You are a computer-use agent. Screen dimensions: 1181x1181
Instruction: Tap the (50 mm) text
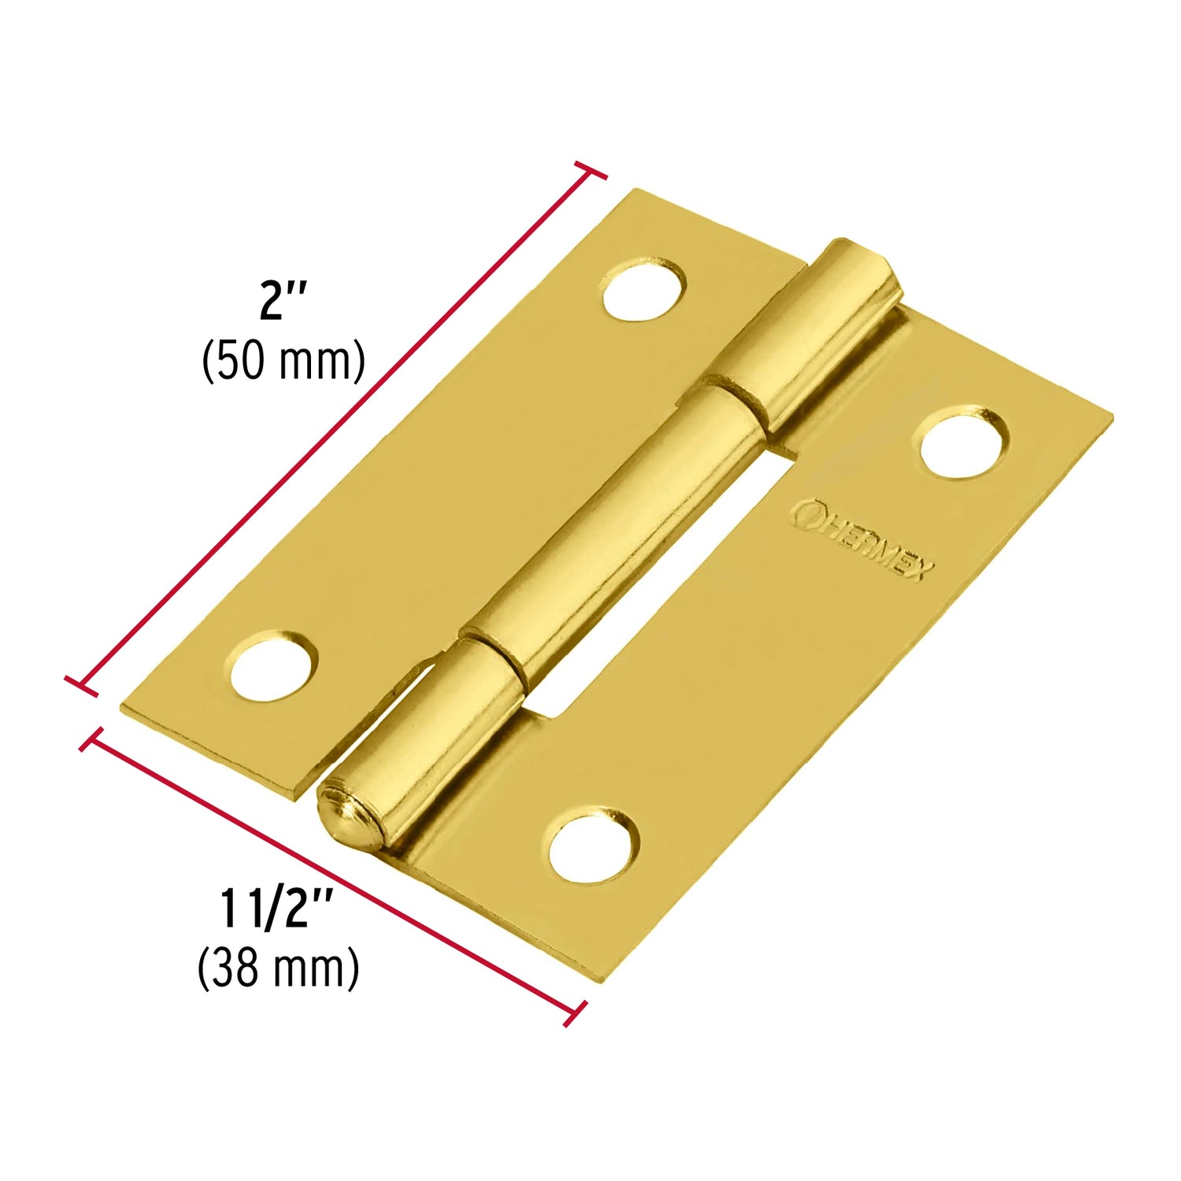click(x=283, y=361)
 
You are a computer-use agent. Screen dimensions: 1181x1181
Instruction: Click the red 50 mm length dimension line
click(x=339, y=425)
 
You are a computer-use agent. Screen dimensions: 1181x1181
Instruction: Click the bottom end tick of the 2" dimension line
click(x=82, y=685)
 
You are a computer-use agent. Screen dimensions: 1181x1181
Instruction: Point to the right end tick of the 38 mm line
click(x=576, y=1014)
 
